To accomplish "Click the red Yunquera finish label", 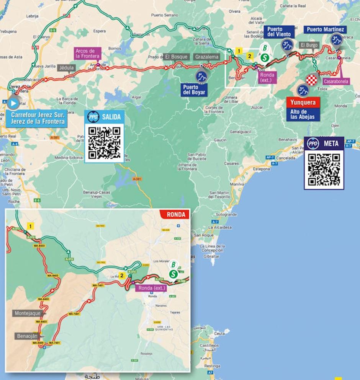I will [303, 103].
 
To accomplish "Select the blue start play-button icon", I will [13, 103].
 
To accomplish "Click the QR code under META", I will [324, 170].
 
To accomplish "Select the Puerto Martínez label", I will [326, 29].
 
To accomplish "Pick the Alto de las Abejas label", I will [303, 114].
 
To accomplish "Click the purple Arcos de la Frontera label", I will [87, 54].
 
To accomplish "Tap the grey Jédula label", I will [66, 68].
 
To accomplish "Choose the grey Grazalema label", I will [207, 57].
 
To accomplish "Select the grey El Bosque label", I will [176, 57].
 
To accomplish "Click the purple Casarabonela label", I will [335, 81].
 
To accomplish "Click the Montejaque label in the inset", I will [28, 313].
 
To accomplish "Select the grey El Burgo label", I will [309, 45].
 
